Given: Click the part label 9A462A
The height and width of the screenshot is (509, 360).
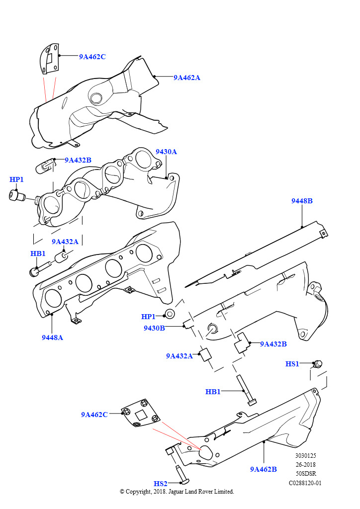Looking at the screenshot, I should click(x=186, y=78).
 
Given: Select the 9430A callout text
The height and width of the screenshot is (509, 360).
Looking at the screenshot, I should click(x=166, y=151).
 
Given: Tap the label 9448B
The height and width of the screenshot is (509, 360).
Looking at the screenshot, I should click(x=302, y=201).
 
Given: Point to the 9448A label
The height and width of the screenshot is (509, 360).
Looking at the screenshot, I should click(x=52, y=338).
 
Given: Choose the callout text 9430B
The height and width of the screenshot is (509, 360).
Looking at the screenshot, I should click(x=154, y=328).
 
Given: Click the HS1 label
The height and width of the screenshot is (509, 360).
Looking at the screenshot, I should click(x=292, y=364).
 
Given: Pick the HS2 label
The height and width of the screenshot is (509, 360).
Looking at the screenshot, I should click(x=161, y=483).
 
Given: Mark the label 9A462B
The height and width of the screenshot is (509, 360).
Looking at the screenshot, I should click(x=264, y=469).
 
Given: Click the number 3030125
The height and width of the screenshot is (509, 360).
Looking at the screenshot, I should click(x=305, y=455).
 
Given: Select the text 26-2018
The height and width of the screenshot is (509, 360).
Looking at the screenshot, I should click(x=305, y=464).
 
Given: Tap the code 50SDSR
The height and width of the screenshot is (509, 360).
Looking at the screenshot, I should click(x=305, y=473).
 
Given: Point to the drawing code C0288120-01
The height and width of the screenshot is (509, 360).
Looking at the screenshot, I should click(x=305, y=483).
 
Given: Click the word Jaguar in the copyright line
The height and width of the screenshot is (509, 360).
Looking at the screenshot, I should click(x=181, y=492).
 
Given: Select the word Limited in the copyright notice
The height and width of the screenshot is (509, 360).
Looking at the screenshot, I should click(x=223, y=492).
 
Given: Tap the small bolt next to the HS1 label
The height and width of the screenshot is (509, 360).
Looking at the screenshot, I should click(x=318, y=364).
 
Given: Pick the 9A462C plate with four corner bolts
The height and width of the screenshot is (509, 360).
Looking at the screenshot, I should click(x=141, y=413).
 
